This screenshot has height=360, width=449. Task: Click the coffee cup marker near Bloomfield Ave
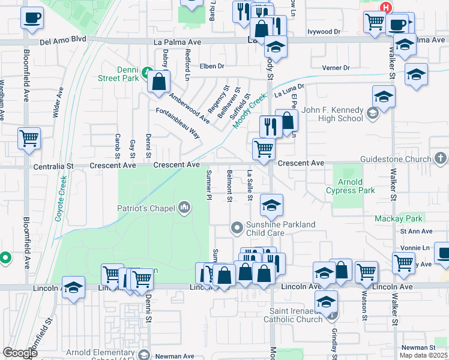pos(32,17)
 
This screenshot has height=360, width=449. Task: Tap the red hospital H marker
pos(387,8)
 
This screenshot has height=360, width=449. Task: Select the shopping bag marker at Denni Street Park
pos(159,82)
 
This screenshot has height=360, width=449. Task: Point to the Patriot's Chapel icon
pos(184,209)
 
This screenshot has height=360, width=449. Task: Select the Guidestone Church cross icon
pos(441,159)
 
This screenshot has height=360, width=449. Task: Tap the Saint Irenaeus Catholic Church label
pos(296,315)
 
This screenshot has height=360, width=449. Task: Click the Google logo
pos(20,352)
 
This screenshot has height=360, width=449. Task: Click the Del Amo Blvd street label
pos(63,40)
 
